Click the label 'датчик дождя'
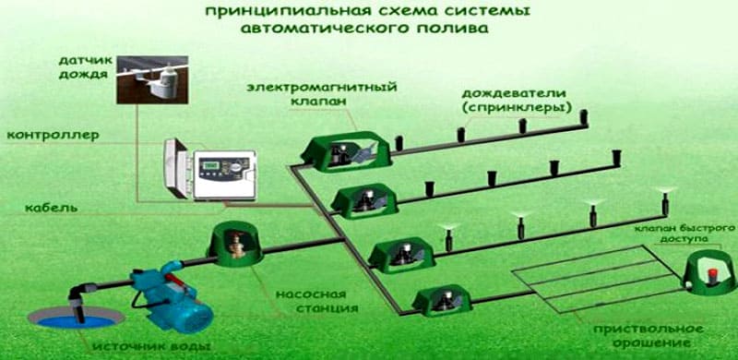click(86, 69)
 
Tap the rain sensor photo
click(152, 79)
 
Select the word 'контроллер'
click(54, 136)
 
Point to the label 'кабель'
click(52, 208)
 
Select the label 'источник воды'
click(150, 347)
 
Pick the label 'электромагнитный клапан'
click(322, 94)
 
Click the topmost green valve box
click(347, 150)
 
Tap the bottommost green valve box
click(443, 300)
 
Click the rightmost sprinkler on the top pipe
click(584, 117)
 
